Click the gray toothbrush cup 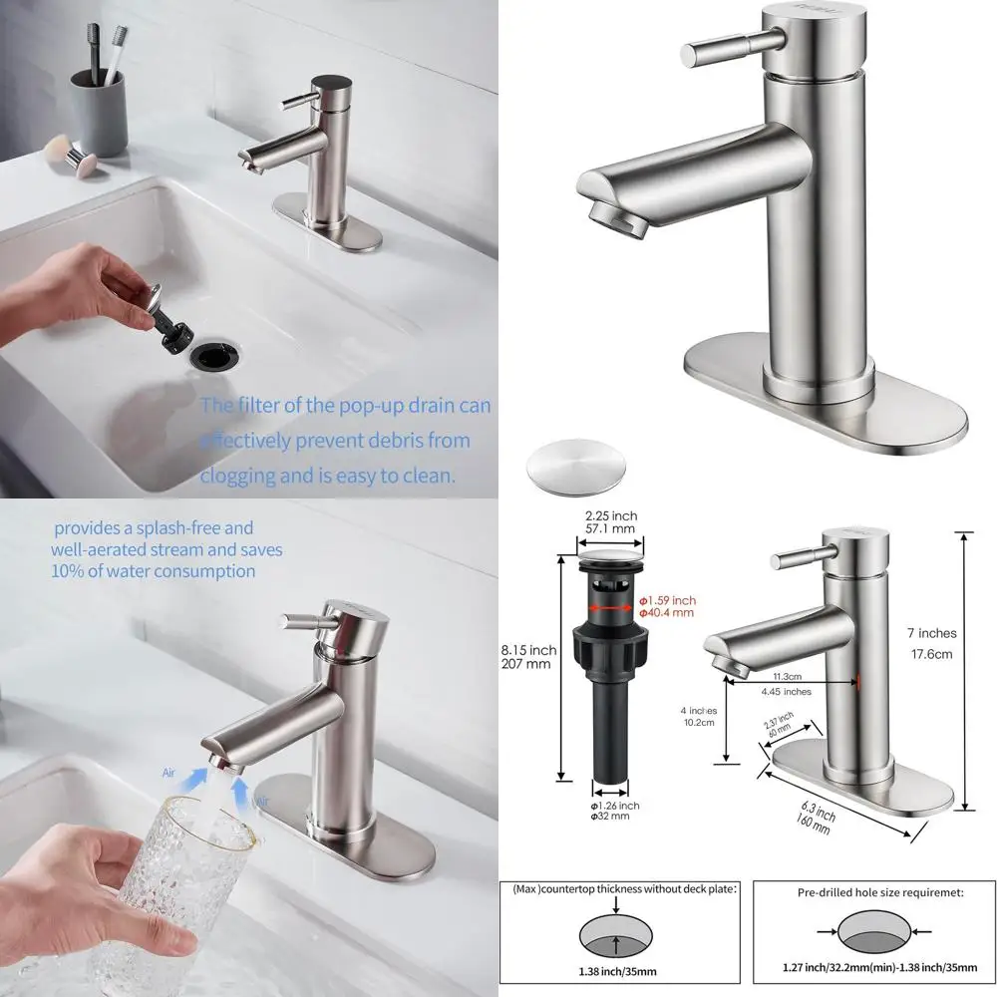(x=97, y=111)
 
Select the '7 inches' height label (x=930, y=633)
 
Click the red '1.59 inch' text (x=667, y=600)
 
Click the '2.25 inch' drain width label (x=610, y=515)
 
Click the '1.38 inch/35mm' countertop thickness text (x=619, y=967)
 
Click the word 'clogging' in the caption (x=239, y=476)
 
